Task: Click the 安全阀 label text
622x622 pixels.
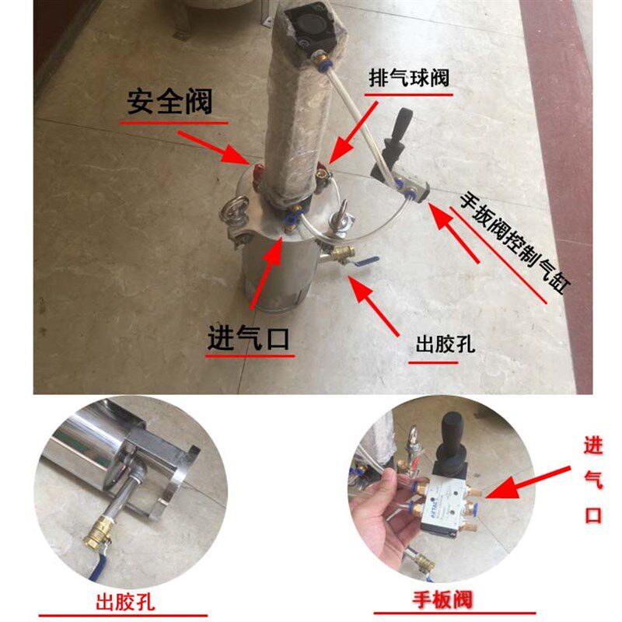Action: click(169, 103)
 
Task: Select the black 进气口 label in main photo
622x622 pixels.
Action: click(249, 339)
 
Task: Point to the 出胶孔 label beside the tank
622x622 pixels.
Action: click(445, 343)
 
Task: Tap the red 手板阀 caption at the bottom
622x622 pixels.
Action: click(442, 599)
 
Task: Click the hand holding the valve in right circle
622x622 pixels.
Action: click(377, 513)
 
